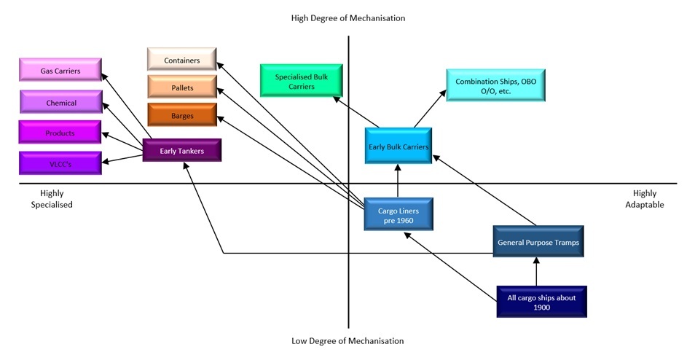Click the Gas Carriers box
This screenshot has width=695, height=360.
[60, 71]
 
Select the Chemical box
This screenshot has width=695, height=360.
[61, 103]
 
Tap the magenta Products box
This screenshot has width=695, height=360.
[60, 133]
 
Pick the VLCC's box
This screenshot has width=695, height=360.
[60, 163]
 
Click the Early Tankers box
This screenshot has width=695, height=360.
[181, 151]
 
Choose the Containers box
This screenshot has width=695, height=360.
[182, 60]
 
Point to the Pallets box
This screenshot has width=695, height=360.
[182, 87]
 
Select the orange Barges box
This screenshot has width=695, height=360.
[182, 115]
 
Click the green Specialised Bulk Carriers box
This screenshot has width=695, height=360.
[295, 81]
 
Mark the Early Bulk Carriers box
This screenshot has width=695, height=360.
[398, 146]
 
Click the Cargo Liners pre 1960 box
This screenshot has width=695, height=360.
[398, 215]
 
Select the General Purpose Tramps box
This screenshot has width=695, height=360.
[538, 241]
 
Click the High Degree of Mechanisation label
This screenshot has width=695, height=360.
[347, 17]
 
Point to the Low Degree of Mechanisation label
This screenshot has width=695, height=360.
[347, 340]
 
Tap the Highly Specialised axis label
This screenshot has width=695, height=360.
[52, 199]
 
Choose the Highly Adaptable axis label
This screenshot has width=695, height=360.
[644, 199]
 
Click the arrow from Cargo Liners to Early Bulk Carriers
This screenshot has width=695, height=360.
[398, 181]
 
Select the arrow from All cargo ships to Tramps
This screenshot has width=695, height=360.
[537, 272]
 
